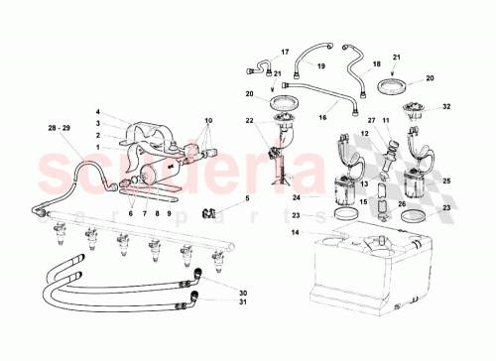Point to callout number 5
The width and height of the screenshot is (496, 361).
point(248,199)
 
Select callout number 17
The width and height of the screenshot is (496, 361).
point(285,52)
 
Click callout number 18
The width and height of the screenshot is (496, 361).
point(376,64)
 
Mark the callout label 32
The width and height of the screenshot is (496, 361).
point(447,106)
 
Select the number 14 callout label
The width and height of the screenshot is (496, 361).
point(295,232)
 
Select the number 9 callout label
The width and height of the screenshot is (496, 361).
point(169,212)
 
